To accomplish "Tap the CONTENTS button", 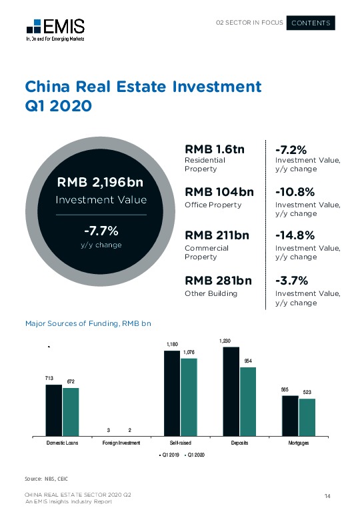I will pos(311,23).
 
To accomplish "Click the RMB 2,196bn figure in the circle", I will pos(101,182).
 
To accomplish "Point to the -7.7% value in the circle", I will pos(101,231).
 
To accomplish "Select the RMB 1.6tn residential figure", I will pos(214,149).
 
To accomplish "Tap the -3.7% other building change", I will pos(291,281).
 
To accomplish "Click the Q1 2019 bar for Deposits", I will pos(230,391).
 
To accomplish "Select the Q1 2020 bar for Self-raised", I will pos(189,396).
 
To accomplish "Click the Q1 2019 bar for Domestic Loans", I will pos(53,409).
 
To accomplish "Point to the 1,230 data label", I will pos(226,341).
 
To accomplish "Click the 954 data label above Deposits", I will pos(247,361).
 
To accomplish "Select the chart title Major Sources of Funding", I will pos(88,323).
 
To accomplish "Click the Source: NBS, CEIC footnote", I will pos(47,479).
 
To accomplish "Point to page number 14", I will pos(327,495).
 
